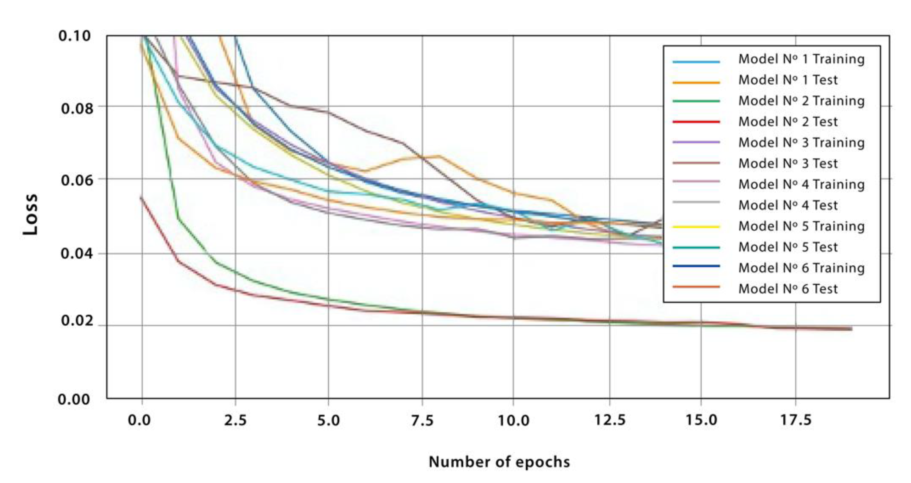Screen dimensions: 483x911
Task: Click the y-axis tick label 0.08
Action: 77,108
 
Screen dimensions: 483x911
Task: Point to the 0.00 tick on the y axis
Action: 73,399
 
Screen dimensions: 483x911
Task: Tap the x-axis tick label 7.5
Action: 422,420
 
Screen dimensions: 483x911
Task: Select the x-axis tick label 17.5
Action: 796,420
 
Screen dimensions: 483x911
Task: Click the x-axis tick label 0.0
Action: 139,420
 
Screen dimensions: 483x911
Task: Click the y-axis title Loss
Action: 30,214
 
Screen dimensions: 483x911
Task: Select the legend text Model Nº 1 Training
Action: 801,59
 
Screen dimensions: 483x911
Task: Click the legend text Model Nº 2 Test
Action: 788,122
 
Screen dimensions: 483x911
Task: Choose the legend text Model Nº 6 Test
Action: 788,289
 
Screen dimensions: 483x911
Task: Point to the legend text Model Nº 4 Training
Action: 801,184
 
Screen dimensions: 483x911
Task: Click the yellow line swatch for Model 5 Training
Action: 696,226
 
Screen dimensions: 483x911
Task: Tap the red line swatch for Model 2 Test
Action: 696,122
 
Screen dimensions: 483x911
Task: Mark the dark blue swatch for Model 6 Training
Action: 696,266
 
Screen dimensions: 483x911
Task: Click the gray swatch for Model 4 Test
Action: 696,202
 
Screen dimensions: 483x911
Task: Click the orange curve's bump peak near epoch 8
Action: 439,156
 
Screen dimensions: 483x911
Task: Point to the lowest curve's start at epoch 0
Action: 141,197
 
